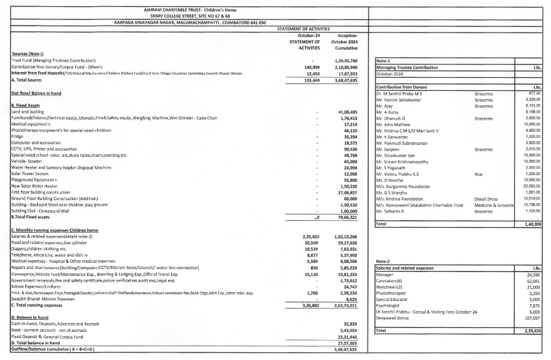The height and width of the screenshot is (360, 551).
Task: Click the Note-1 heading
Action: (x=384, y=60)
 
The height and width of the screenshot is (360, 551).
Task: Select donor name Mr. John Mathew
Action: (x=394, y=124)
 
